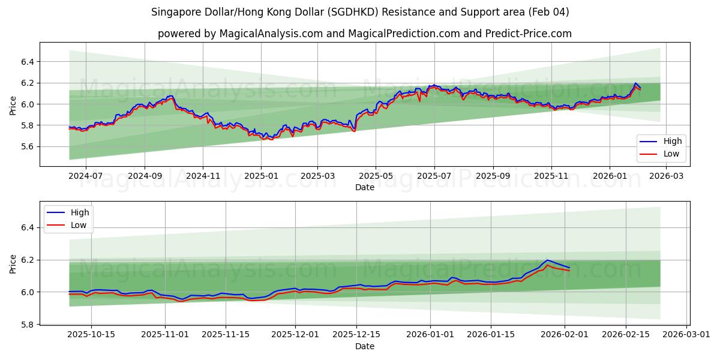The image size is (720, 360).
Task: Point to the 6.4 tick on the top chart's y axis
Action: pos(26,62)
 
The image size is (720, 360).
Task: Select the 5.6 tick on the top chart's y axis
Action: pos(26,146)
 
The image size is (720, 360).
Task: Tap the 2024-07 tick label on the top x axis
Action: pos(85,176)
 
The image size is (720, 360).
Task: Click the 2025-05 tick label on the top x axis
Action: pos(376,176)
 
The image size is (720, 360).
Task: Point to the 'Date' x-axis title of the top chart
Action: pos(364,187)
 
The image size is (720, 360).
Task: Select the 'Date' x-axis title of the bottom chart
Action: pos(364,346)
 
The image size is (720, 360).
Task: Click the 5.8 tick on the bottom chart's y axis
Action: pos(26,325)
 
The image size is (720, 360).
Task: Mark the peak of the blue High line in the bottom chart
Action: pos(547,260)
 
